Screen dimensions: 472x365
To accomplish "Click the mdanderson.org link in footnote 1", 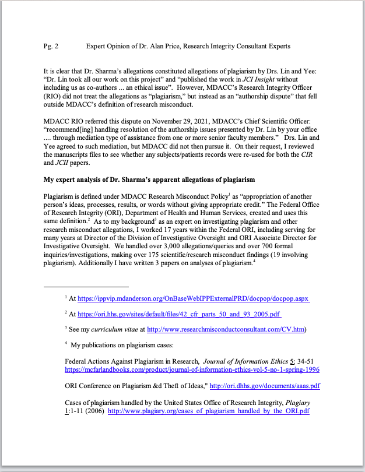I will coord(193,299).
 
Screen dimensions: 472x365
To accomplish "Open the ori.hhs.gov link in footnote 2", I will coord(179,314).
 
